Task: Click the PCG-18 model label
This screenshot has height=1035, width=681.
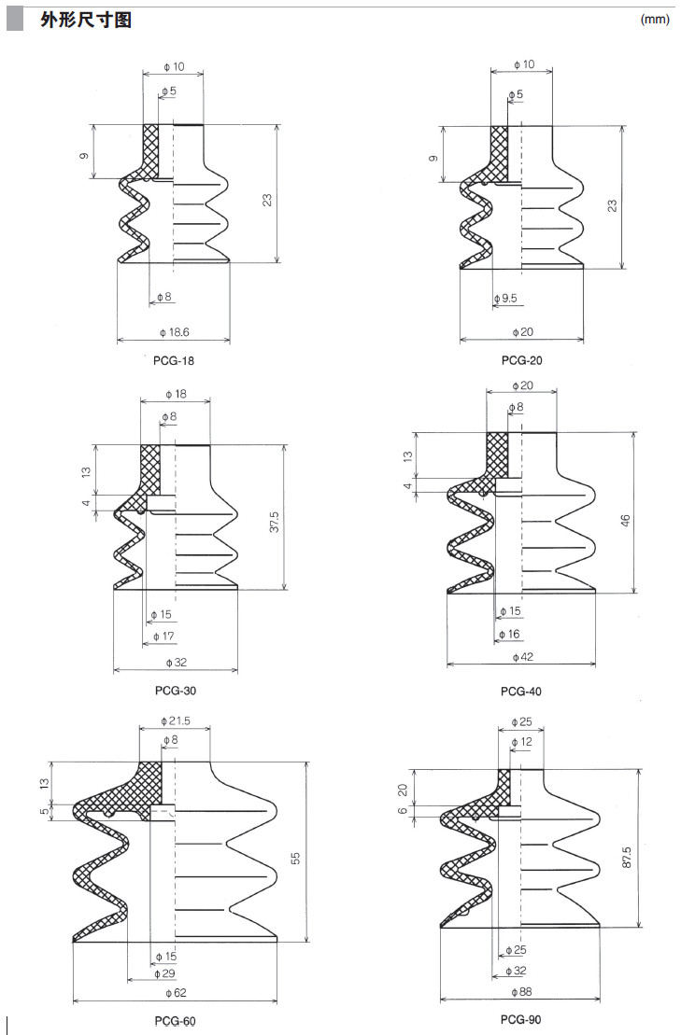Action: (174, 359)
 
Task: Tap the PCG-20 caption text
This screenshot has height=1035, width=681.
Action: (521, 360)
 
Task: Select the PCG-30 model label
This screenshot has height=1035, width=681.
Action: (176, 691)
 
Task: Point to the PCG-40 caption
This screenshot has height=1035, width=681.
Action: (520, 692)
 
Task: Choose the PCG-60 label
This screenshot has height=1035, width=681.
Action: (175, 1022)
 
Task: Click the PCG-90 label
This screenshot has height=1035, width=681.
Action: (520, 1020)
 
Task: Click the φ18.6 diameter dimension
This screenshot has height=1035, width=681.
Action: (175, 332)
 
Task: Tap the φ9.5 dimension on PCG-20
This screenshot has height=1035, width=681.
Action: (505, 299)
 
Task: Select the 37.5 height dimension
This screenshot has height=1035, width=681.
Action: (275, 523)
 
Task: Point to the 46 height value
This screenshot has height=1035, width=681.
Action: (625, 519)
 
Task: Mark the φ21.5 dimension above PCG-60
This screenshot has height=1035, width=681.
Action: (176, 721)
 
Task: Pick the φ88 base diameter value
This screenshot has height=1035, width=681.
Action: (520, 991)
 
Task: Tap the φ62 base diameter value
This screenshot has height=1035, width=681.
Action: (176, 991)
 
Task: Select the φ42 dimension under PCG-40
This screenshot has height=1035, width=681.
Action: (522, 657)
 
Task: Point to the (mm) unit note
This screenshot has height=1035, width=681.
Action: (655, 20)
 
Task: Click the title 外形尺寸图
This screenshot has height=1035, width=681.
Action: (85, 20)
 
